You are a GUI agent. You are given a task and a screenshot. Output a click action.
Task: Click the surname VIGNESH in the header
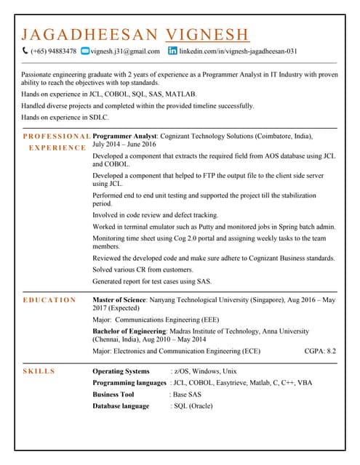tap(207, 34)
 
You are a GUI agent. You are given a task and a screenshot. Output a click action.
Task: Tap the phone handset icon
tap(25, 51)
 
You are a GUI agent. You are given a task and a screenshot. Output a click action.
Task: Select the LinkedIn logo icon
tap(172, 51)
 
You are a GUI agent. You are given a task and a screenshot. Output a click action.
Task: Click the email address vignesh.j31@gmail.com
tap(125, 52)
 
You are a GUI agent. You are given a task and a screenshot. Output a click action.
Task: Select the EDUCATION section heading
tap(49, 300)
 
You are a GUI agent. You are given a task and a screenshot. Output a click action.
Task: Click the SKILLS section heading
tap(39, 371)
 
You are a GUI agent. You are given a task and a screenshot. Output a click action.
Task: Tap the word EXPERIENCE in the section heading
tap(57, 147)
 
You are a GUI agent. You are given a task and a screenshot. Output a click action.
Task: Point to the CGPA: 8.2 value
tap(320, 351)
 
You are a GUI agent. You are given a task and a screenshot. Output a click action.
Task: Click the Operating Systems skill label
tap(121, 371)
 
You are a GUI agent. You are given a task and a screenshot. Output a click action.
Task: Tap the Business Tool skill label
tap(113, 395)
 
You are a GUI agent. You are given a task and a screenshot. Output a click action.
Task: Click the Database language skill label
tap(121, 406)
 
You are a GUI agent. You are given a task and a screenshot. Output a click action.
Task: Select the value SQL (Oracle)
tap(191, 406)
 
